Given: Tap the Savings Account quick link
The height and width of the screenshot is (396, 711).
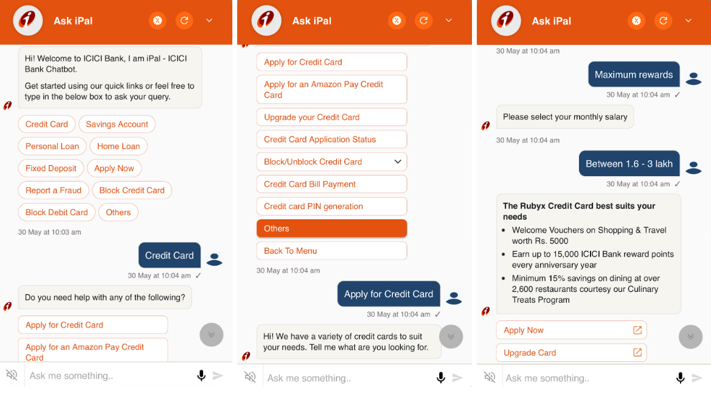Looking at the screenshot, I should (117, 124).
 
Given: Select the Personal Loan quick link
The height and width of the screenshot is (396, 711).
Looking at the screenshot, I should (52, 146).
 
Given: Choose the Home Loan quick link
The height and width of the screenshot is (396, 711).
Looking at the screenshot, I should (119, 146).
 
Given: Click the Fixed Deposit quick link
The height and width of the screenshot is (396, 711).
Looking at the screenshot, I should (51, 168).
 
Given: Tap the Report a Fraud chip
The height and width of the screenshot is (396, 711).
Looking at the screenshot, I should (54, 190).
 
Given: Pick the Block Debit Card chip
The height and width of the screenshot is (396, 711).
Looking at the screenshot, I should (57, 213).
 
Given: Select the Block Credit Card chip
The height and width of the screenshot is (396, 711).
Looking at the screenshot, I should (132, 190).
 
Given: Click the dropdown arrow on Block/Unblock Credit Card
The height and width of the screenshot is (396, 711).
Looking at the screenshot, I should (398, 161).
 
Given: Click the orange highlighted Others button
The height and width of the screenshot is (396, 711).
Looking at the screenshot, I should (331, 228).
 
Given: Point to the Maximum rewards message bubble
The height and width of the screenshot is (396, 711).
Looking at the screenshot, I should (634, 75).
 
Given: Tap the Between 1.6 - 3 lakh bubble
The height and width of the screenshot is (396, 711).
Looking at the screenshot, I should (629, 164).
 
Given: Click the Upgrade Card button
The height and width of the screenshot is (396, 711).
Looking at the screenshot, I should (571, 353).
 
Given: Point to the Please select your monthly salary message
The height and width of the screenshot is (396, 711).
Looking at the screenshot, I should (565, 117).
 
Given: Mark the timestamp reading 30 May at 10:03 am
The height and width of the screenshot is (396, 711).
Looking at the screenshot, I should (49, 232).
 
